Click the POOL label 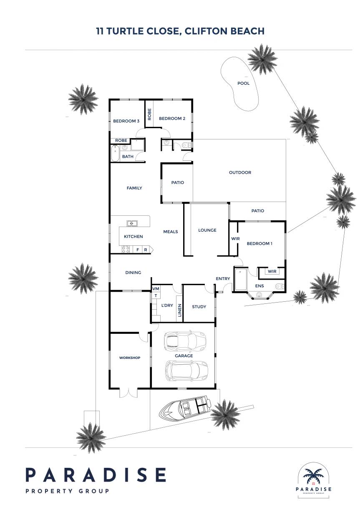[243, 83]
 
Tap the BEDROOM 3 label [126, 121]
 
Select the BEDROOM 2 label [172, 119]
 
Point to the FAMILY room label [134, 188]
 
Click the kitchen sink [132, 223]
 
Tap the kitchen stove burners [126, 249]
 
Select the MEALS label [171, 232]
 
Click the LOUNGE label [207, 230]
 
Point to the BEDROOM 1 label [259, 243]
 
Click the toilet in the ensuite [279, 286]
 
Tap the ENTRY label [223, 278]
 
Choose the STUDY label [199, 307]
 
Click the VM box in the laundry [156, 289]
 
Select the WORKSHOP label [130, 358]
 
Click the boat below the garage [185, 409]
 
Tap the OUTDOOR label [240, 172]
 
